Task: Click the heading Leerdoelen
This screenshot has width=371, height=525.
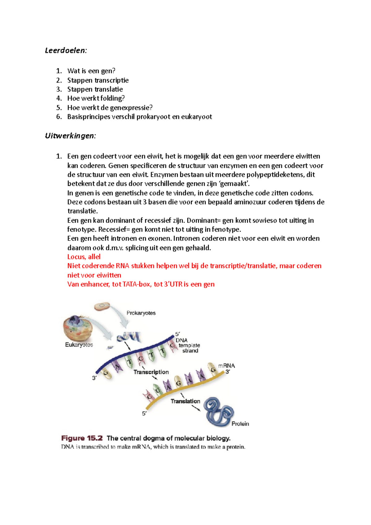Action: (66, 50)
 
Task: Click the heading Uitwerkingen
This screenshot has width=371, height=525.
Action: (70, 136)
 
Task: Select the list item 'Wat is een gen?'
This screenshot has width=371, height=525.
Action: (91, 71)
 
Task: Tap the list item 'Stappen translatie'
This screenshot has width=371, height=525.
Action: (95, 89)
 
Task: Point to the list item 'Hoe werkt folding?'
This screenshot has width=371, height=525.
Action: (96, 98)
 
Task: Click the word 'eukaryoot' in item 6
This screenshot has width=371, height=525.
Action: (196, 117)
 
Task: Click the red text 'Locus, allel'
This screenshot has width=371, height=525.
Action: (84, 257)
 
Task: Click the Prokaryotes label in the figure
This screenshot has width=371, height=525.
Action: (141, 313)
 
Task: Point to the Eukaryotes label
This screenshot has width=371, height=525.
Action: (79, 345)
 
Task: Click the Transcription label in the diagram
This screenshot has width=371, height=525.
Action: (151, 372)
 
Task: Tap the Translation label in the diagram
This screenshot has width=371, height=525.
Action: (185, 401)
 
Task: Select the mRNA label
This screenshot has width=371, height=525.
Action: (227, 366)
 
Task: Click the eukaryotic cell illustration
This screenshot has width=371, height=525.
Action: (75, 328)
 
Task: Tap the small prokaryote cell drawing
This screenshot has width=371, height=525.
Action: (102, 306)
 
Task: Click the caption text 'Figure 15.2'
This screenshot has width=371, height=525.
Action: (82, 438)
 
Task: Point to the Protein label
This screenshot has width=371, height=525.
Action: (240, 424)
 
